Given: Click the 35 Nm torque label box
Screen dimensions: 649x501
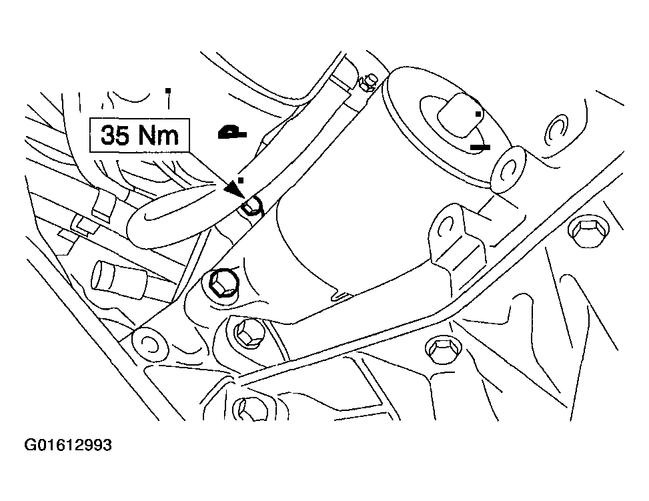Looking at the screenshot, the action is point(139,135).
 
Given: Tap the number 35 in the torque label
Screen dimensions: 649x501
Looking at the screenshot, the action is point(115,135).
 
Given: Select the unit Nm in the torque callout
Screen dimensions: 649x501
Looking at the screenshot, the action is point(158,135).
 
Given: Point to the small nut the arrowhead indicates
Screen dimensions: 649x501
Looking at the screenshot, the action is point(252,205).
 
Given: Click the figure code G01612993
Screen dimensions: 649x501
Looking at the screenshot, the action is point(68,445).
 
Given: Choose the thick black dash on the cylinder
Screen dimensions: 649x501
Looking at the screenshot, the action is point(480,147).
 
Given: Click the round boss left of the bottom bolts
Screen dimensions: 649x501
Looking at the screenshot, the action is point(150,344).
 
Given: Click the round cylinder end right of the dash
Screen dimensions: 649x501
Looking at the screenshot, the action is point(510,169).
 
